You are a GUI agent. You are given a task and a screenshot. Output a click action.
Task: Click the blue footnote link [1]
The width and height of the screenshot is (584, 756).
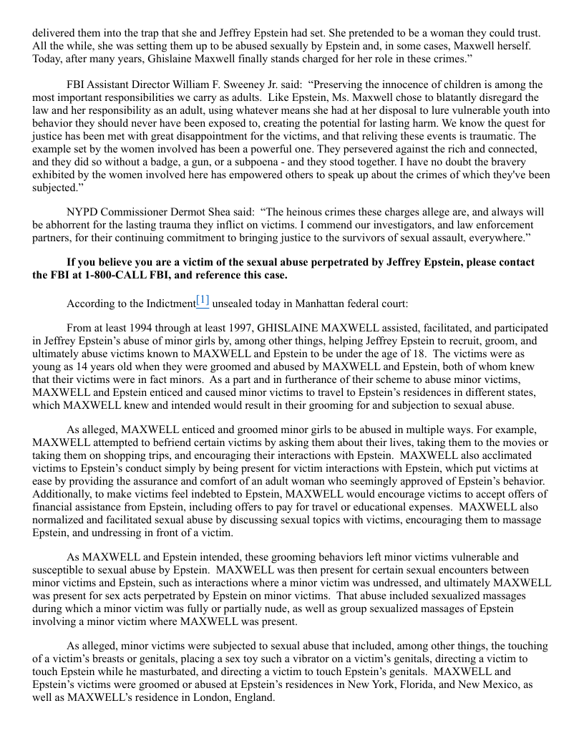tap(203, 301)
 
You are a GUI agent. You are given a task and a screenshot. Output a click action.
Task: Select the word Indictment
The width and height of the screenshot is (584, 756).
tap(164, 303)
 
